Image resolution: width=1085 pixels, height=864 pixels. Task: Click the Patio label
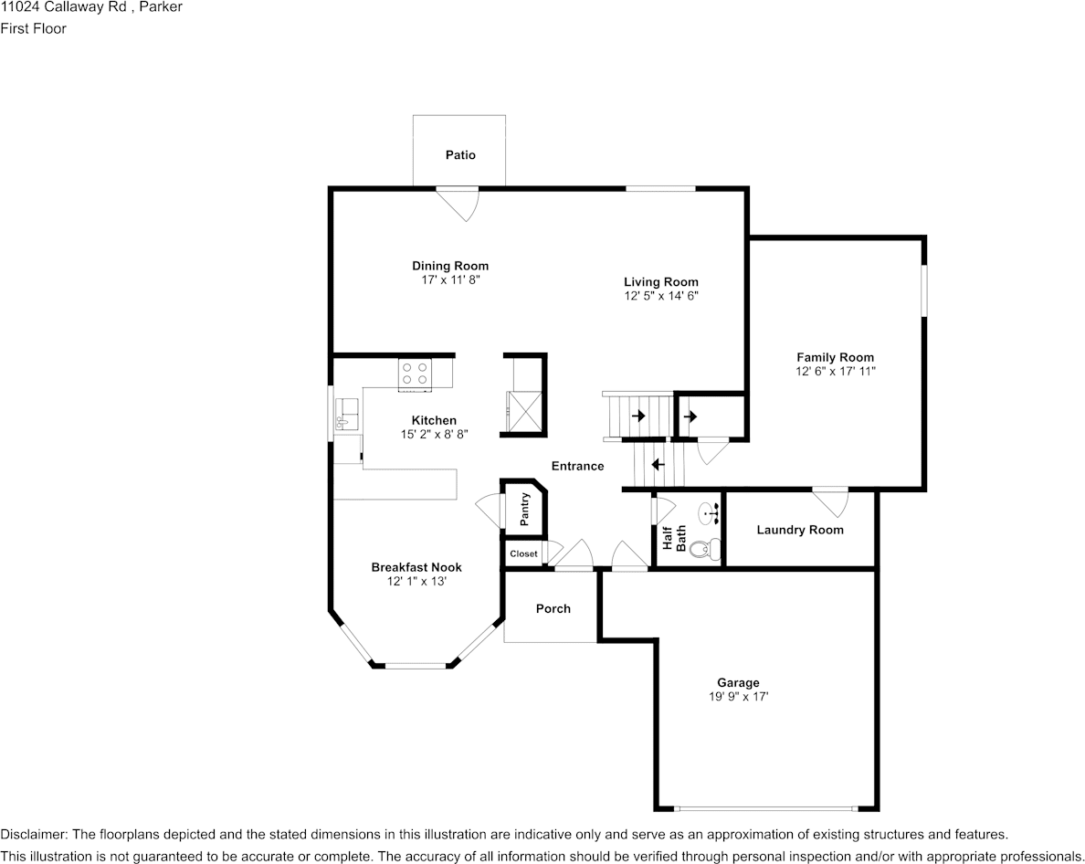point(460,155)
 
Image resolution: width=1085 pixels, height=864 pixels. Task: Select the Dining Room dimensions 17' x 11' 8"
point(449,279)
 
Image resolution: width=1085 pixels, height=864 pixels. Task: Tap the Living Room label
point(661,282)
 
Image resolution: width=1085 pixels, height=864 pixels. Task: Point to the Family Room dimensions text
point(835,372)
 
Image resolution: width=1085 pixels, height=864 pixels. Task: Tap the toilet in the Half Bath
point(705,549)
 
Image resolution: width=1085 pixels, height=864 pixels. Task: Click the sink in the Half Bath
point(709,513)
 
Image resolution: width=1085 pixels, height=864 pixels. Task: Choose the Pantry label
point(525,510)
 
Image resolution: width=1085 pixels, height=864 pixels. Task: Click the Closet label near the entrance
point(523,554)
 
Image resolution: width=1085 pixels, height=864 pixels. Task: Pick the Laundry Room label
point(800,530)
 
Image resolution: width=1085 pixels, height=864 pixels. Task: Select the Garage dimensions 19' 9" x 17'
point(738,697)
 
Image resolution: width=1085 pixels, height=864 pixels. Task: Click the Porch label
point(553,609)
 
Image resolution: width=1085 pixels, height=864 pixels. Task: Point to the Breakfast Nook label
point(416,567)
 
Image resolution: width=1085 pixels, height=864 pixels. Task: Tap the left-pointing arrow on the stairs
point(657,464)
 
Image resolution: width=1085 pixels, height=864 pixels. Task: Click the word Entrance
point(577,466)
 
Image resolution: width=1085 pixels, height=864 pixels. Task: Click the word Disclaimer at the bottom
point(32,835)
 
